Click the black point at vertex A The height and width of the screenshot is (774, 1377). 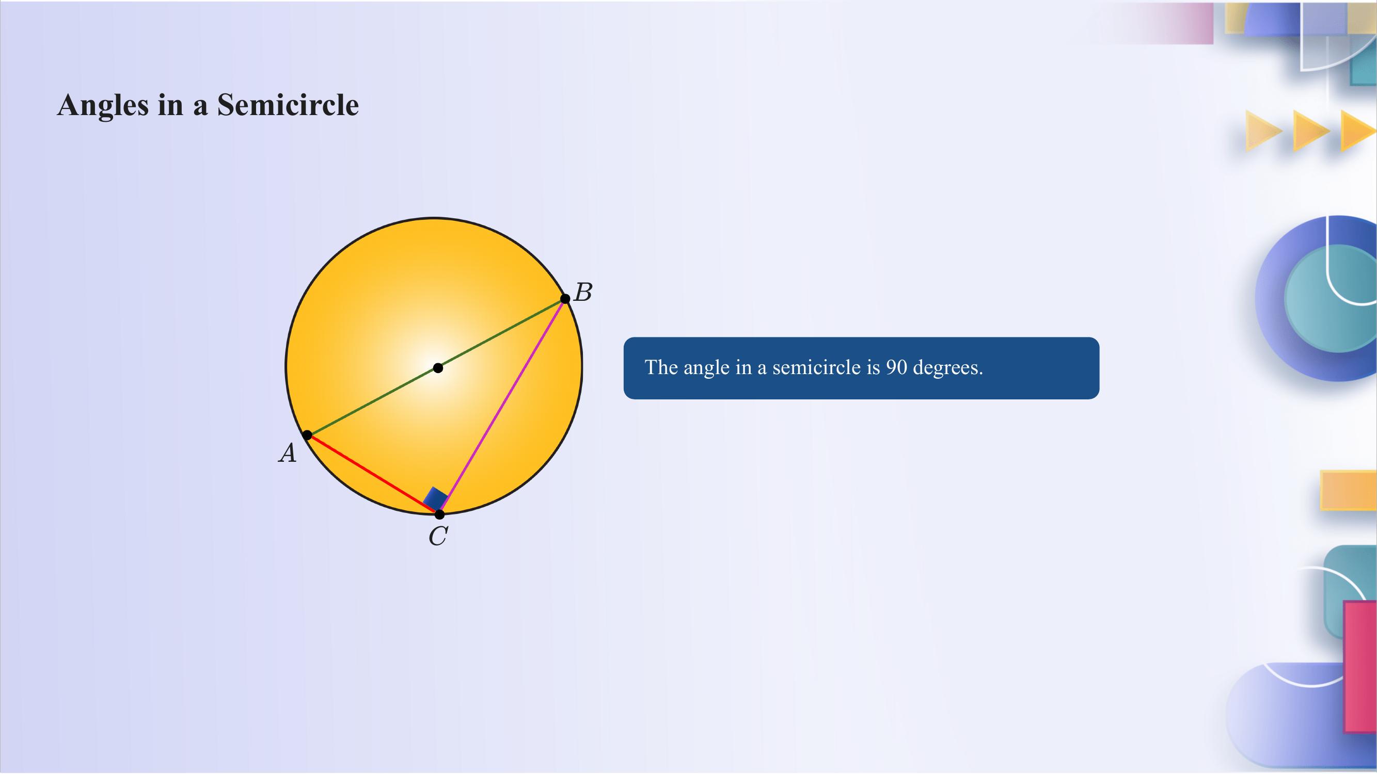[307, 435]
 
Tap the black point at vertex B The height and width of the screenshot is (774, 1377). [565, 299]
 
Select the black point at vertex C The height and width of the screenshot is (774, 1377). [439, 514]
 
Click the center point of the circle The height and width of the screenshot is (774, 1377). [438, 367]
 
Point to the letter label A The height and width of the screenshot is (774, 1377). [288, 454]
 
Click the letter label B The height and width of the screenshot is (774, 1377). [583, 292]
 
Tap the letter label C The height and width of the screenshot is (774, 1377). [438, 536]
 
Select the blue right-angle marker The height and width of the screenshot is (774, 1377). [436, 499]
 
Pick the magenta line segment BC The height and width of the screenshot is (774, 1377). [502, 406]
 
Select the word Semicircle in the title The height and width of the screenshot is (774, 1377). [288, 105]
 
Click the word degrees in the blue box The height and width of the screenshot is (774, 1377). [948, 367]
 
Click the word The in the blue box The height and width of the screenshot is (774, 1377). [661, 367]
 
